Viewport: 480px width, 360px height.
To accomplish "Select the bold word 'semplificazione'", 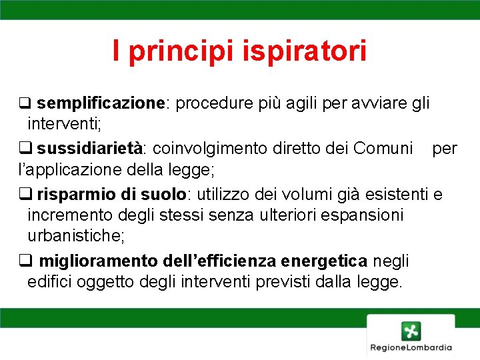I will coord(100,104).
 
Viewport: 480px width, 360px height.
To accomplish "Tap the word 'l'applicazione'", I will coord(60,170).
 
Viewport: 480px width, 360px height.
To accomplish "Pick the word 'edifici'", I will coord(50,282).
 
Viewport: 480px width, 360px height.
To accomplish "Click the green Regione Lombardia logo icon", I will coord(411,330).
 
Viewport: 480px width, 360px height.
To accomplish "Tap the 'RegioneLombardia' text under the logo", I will coord(411,347).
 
